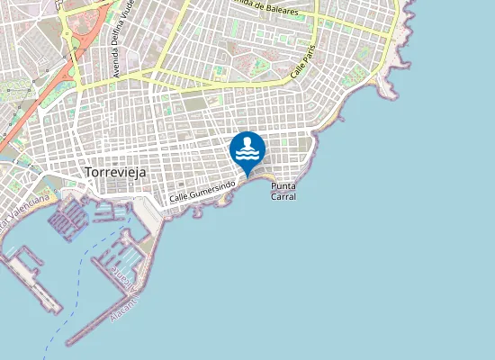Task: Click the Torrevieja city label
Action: (x=114, y=171)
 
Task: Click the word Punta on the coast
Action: (x=283, y=185)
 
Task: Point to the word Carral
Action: (x=283, y=196)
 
